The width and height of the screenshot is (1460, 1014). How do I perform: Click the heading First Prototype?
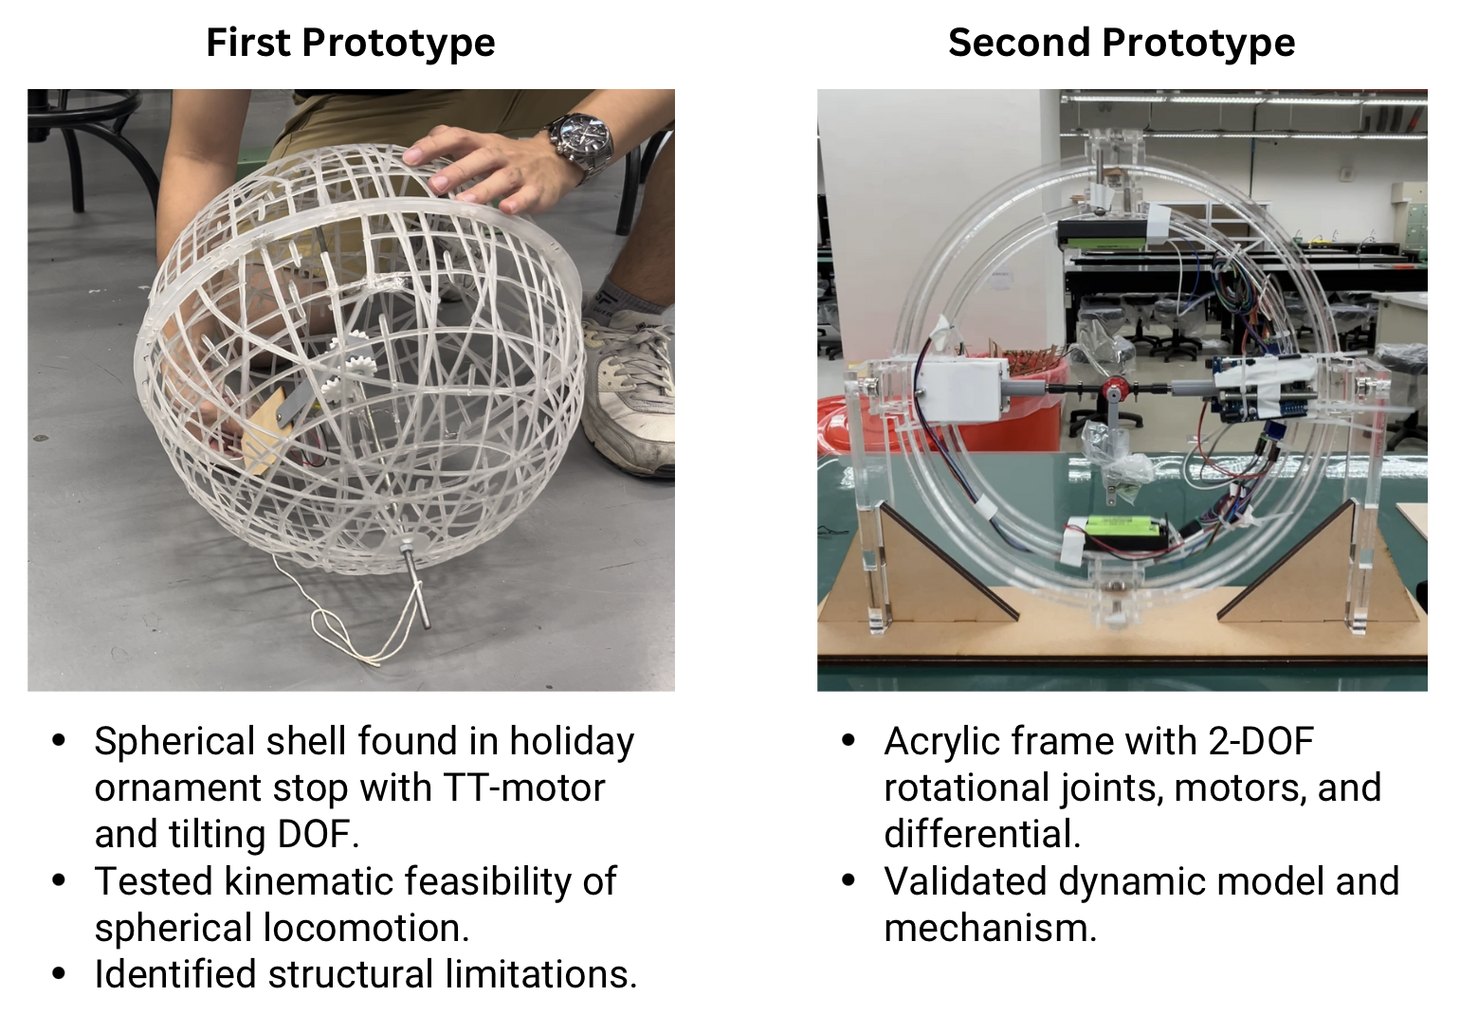click(x=350, y=43)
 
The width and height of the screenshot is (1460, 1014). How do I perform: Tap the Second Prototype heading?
click(x=1121, y=43)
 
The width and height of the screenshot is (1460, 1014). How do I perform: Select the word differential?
click(x=981, y=834)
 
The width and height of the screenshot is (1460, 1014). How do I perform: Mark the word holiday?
click(x=572, y=741)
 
